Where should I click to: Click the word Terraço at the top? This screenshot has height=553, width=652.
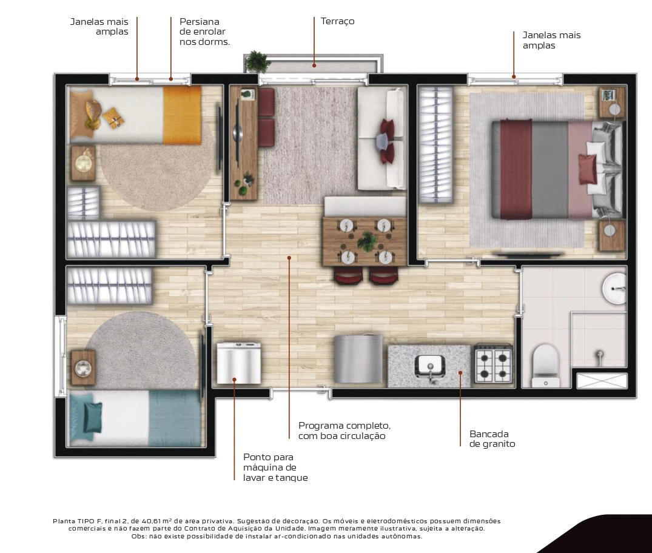coord(337,21)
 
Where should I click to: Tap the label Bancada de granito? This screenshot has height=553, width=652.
coord(492,438)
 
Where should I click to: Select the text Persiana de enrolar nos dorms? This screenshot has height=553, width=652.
coord(204,32)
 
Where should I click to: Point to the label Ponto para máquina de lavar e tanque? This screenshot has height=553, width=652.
coord(275,468)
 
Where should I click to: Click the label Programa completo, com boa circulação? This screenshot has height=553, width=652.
coord(344,431)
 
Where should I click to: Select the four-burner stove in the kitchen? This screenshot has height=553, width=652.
coord(493,364)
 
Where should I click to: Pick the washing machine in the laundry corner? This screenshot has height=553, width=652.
coord(239,363)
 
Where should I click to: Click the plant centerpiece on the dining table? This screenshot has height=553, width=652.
coord(367,241)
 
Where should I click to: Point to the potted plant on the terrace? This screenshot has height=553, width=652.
coord(257,61)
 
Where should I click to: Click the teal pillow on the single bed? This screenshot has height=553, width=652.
coord(92,417)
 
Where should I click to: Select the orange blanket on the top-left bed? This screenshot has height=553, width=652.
coord(182,115)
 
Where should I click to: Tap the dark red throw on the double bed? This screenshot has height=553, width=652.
coord(516,169)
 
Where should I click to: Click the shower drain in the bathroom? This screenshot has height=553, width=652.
coord(599,354)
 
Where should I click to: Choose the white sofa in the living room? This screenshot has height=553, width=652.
coord(381,138)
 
